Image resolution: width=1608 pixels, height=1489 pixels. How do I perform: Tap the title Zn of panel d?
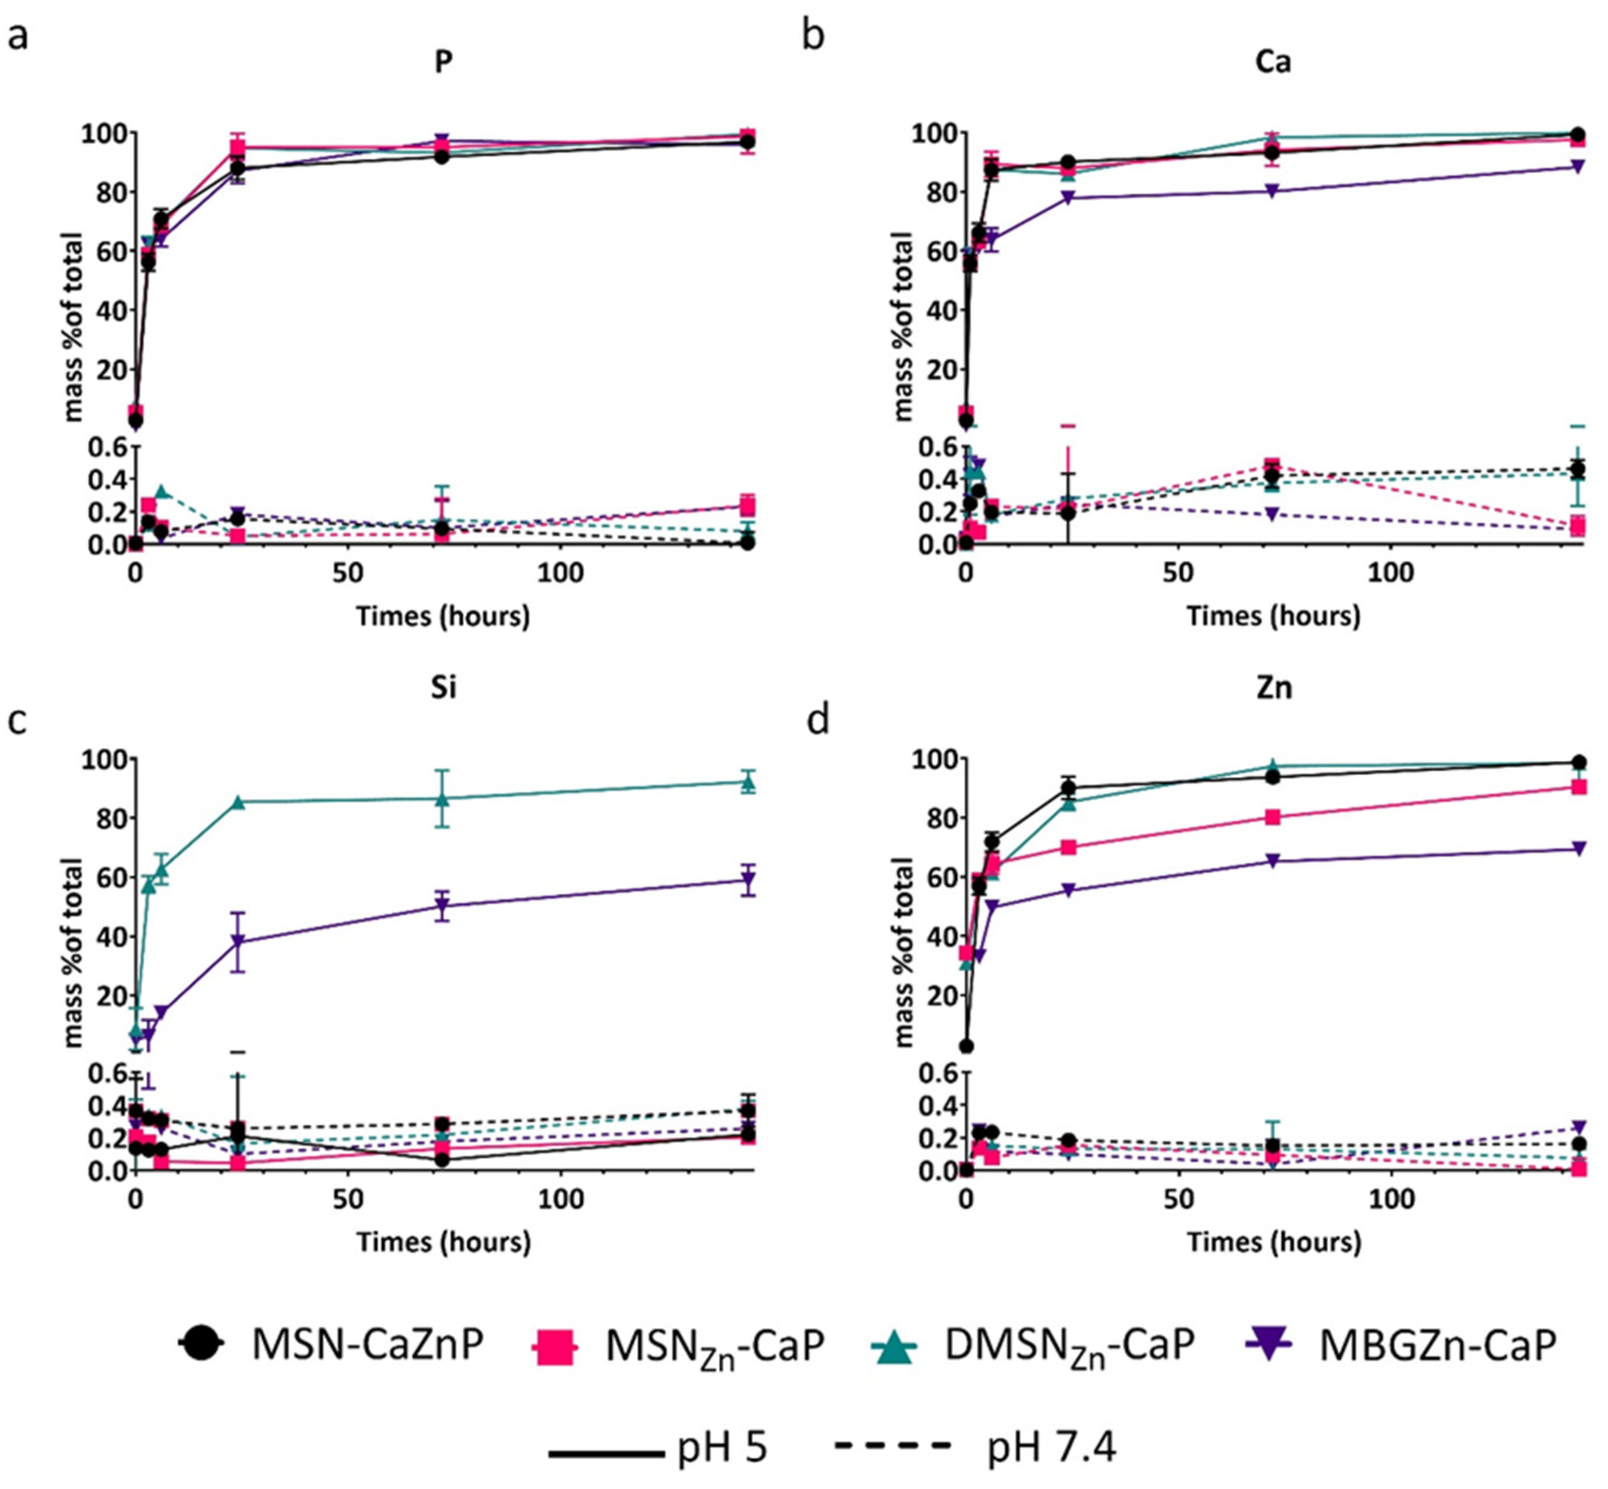click(1274, 688)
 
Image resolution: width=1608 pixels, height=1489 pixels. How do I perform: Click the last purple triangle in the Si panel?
click(749, 880)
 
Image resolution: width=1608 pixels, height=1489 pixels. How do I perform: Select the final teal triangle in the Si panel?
click(749, 782)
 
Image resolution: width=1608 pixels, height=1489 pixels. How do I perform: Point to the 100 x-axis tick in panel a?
click(560, 574)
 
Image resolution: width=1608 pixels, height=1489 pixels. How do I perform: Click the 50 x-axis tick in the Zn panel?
click(1178, 1200)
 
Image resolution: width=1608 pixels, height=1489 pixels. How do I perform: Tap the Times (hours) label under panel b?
click(1274, 617)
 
